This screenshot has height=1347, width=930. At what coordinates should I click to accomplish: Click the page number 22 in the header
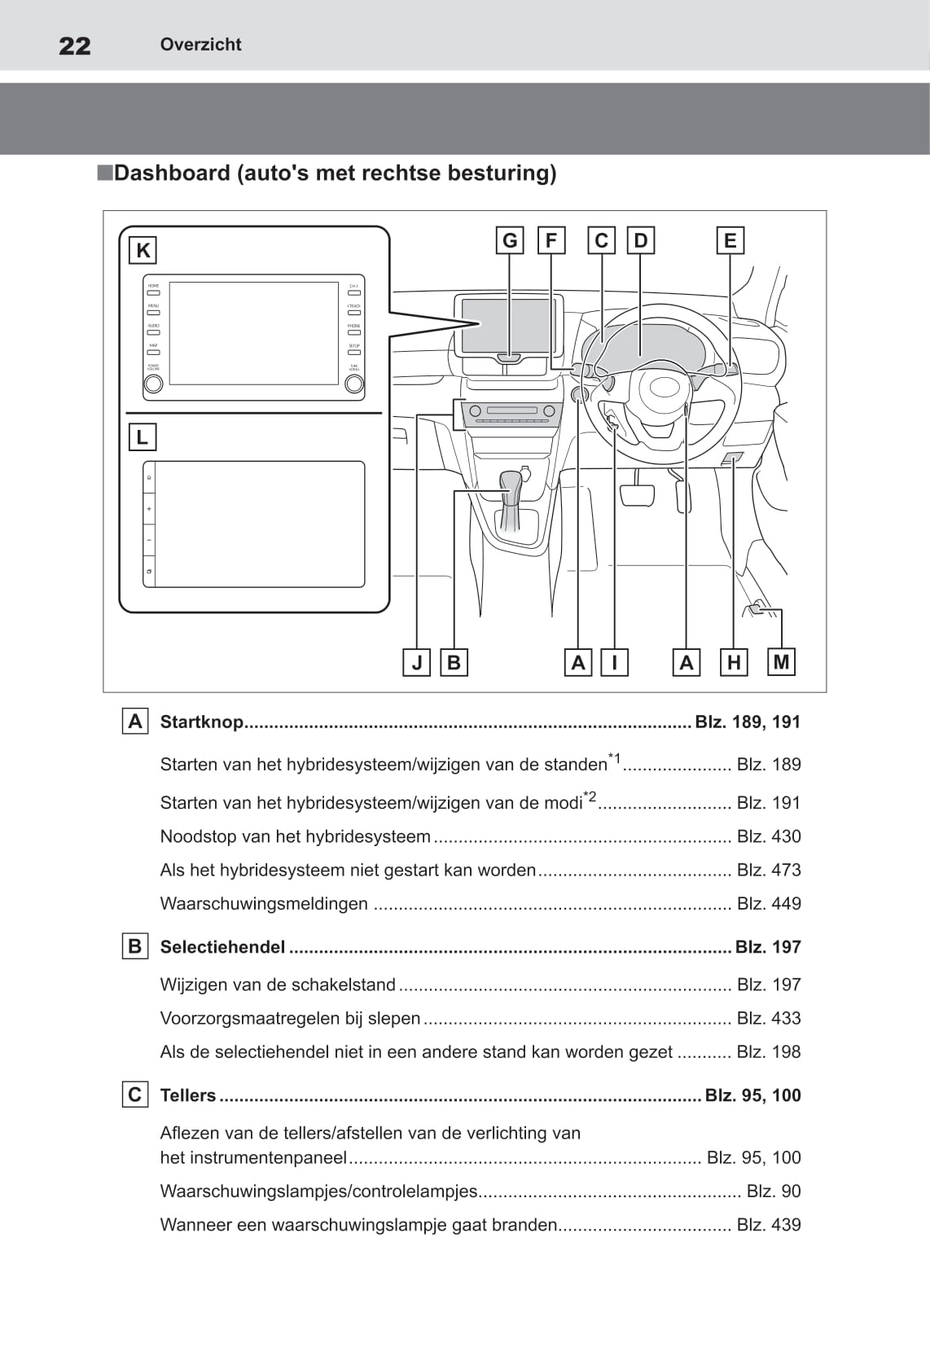tap(75, 46)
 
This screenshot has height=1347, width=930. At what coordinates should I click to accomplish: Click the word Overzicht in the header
tap(200, 45)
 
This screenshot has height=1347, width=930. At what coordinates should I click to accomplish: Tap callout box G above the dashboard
tap(510, 240)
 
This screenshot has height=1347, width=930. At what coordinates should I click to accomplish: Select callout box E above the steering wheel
tap(730, 240)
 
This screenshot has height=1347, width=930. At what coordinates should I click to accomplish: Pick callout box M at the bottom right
tap(781, 662)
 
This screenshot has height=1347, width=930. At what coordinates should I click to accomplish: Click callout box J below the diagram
tap(417, 663)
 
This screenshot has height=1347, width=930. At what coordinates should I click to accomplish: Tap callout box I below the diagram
tap(614, 663)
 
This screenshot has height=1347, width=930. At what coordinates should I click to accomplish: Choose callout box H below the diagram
tap(734, 663)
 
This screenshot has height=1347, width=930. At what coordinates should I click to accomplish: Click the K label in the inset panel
tap(143, 250)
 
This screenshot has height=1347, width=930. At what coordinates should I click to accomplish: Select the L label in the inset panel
tap(143, 437)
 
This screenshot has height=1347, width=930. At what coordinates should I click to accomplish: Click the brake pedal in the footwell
tap(638, 494)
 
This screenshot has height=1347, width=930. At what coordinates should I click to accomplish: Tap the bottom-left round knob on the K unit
tap(153, 384)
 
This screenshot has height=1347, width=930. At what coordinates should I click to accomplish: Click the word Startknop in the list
tap(202, 722)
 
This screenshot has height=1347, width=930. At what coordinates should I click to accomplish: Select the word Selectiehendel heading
tap(222, 947)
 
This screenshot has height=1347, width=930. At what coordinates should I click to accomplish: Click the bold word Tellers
tap(188, 1095)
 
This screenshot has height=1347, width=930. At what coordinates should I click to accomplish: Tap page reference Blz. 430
tap(768, 836)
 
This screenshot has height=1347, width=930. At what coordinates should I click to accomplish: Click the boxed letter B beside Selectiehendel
tap(135, 946)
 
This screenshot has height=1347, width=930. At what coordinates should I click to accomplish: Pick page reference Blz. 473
tap(768, 870)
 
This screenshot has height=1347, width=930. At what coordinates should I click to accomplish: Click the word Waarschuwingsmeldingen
tap(264, 904)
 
